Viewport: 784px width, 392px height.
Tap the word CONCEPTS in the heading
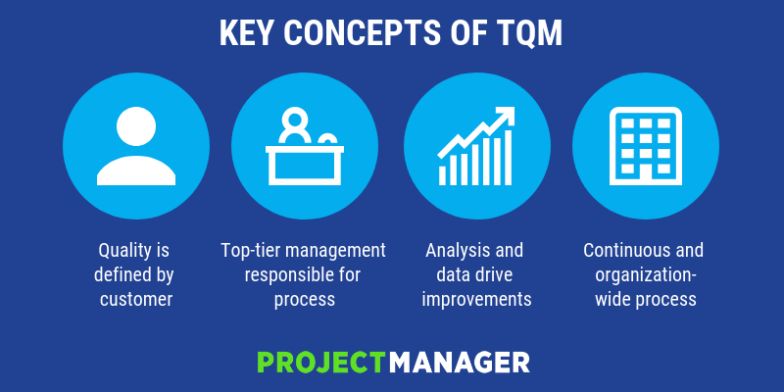(x=363, y=33)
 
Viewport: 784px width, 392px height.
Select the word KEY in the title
(x=248, y=33)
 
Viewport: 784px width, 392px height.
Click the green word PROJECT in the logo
(x=322, y=363)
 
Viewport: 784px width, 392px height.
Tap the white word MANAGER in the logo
(x=459, y=363)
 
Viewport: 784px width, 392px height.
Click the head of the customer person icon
(x=136, y=126)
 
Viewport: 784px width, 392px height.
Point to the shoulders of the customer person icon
(x=136, y=171)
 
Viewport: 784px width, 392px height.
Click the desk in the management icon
(x=305, y=166)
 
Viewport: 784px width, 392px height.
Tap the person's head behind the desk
(x=295, y=120)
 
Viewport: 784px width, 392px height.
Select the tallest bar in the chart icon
(x=508, y=158)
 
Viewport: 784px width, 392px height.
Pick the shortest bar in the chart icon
(x=443, y=175)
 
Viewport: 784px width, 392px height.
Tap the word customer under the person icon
(x=136, y=300)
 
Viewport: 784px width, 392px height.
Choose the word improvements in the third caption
(x=476, y=300)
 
